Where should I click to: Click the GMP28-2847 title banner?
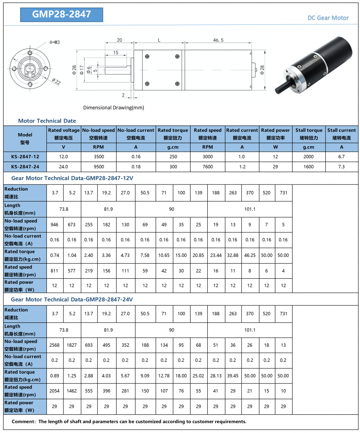tap(62, 14)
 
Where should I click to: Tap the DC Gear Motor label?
tap(328, 18)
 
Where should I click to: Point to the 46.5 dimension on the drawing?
tap(218, 40)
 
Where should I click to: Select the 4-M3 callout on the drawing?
tap(54, 42)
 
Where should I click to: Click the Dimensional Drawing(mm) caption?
tap(113, 108)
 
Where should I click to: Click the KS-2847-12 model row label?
tap(25, 156)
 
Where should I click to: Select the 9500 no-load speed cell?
tap(98, 167)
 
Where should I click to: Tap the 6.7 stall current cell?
tap(342, 156)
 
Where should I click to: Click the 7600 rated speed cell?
tap(207, 167)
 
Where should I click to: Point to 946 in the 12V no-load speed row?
tap(55, 225)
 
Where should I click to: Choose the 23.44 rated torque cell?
tap(216, 255)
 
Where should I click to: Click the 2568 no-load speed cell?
tap(55, 345)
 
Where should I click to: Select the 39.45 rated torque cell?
tap(233, 375)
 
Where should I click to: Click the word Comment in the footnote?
tap(23, 421)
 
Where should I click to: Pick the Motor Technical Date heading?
tap(47, 121)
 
